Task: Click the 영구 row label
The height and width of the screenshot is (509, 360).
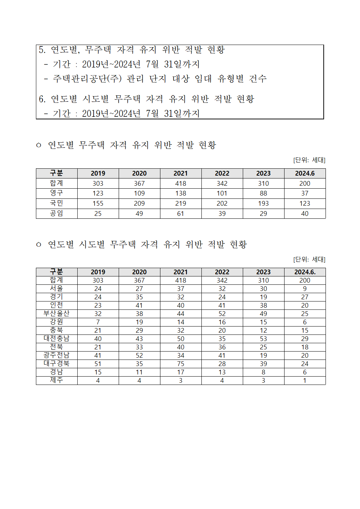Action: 57,193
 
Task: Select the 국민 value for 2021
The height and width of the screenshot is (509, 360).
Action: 181,204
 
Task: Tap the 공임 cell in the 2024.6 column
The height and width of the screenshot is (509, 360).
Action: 305,214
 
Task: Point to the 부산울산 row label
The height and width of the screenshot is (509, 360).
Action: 57,313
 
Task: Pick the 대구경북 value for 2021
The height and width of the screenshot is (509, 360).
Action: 181,364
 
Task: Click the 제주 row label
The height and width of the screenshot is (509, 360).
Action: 57,380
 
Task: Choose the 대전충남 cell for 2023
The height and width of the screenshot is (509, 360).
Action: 263,338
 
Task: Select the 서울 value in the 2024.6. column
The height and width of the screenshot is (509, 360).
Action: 305,289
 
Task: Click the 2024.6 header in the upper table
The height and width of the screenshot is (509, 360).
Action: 305,173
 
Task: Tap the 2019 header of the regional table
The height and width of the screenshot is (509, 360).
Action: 98,272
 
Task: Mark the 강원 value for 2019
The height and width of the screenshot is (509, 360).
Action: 98,322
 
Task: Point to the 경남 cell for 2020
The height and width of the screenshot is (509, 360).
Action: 139,372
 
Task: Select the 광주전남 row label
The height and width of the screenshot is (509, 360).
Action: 57,355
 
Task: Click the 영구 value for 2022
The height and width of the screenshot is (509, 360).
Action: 222,193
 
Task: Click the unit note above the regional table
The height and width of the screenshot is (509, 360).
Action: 309,259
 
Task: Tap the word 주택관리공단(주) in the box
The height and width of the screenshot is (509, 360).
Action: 87,79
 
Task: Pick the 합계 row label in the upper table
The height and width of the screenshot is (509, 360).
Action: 57,183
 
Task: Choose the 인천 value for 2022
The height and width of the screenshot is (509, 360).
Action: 222,305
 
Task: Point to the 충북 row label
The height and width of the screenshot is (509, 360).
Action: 57,330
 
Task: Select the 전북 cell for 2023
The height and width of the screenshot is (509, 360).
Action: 263,347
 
